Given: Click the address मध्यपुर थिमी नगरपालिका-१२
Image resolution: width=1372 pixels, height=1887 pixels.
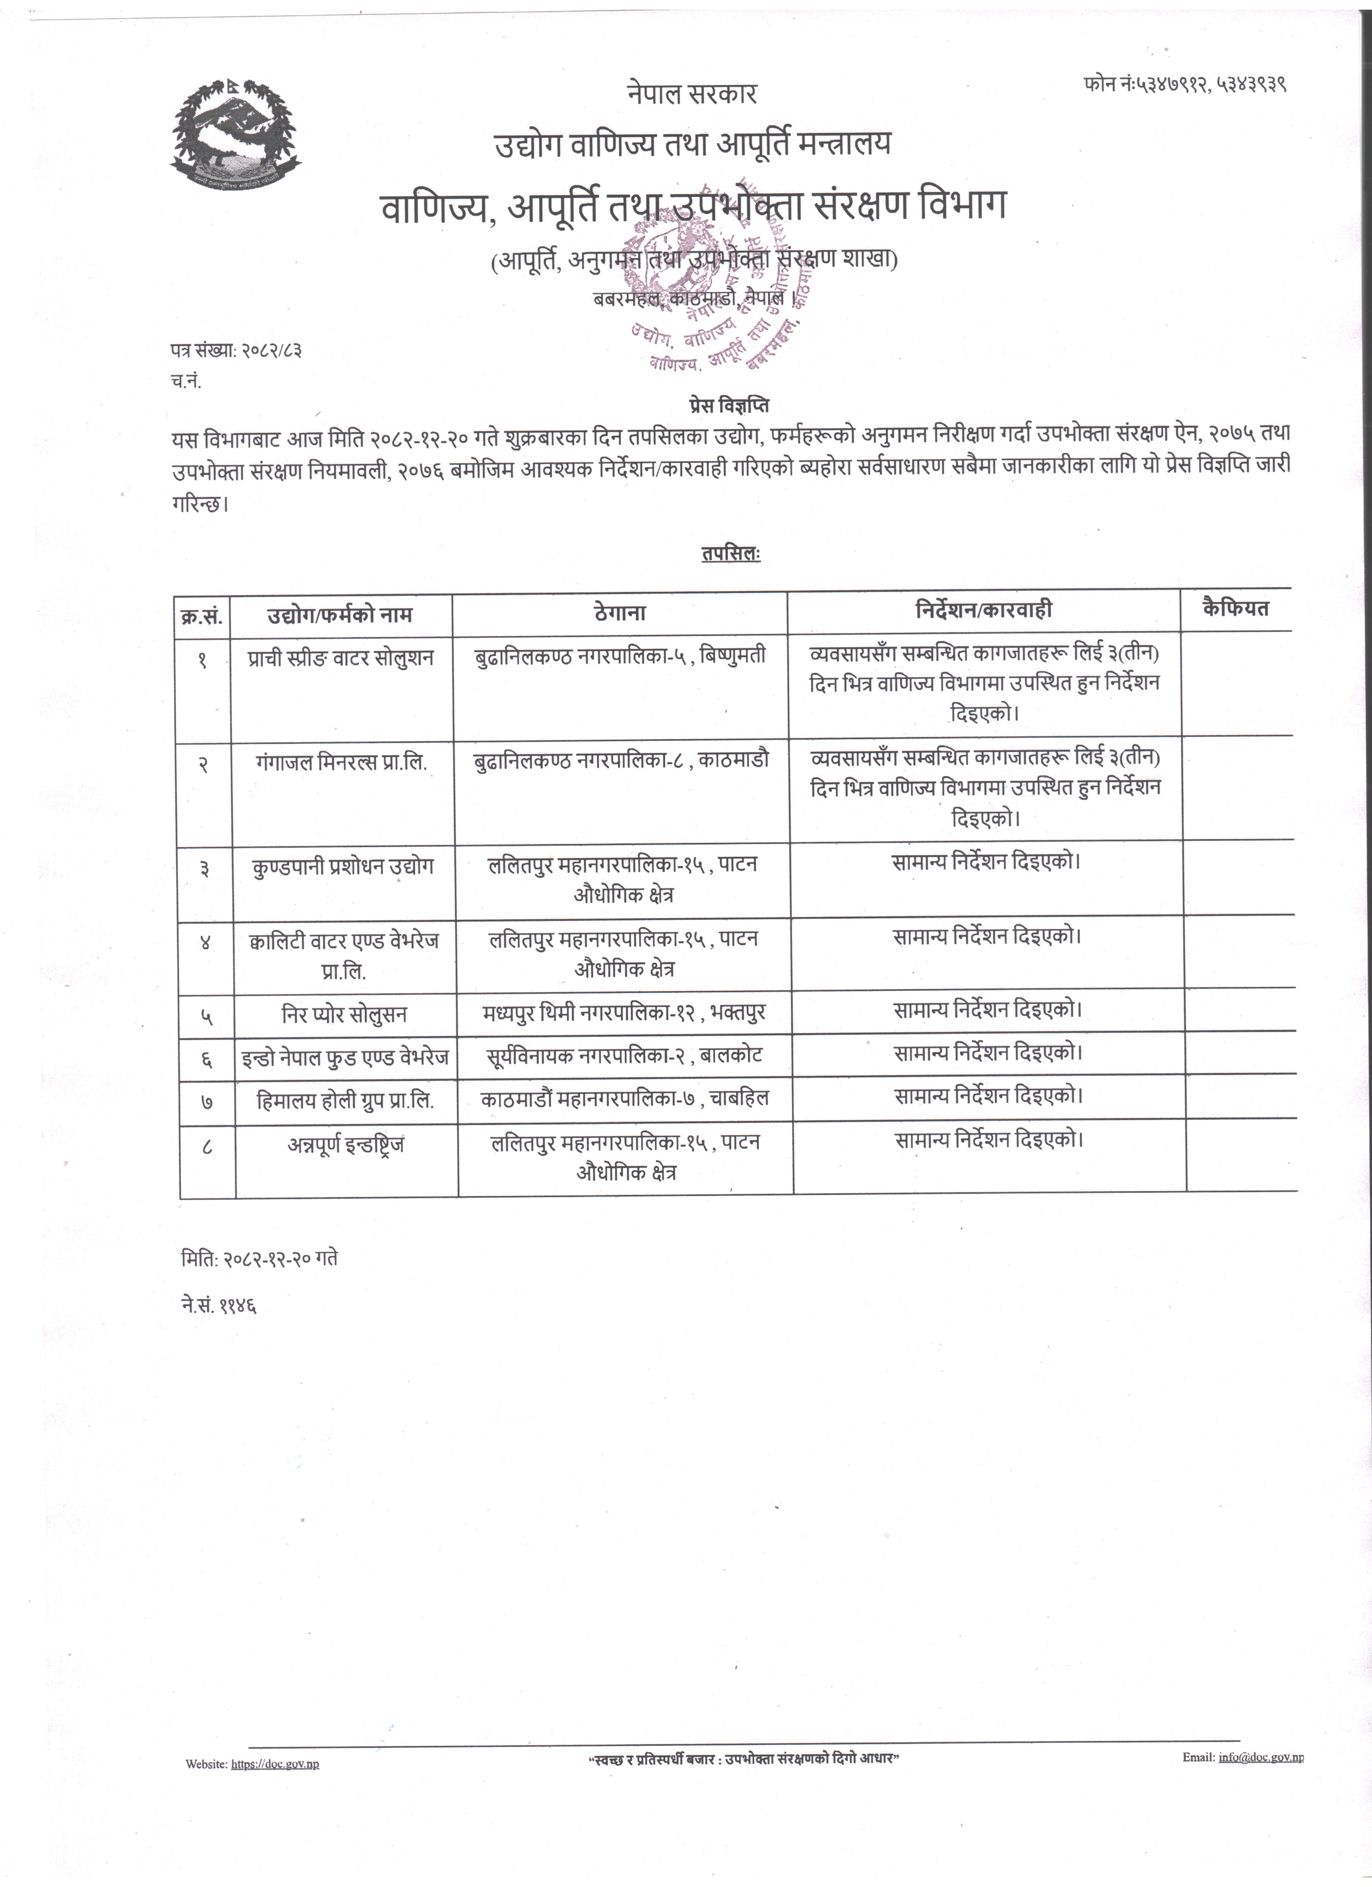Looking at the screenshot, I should [595, 1012].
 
